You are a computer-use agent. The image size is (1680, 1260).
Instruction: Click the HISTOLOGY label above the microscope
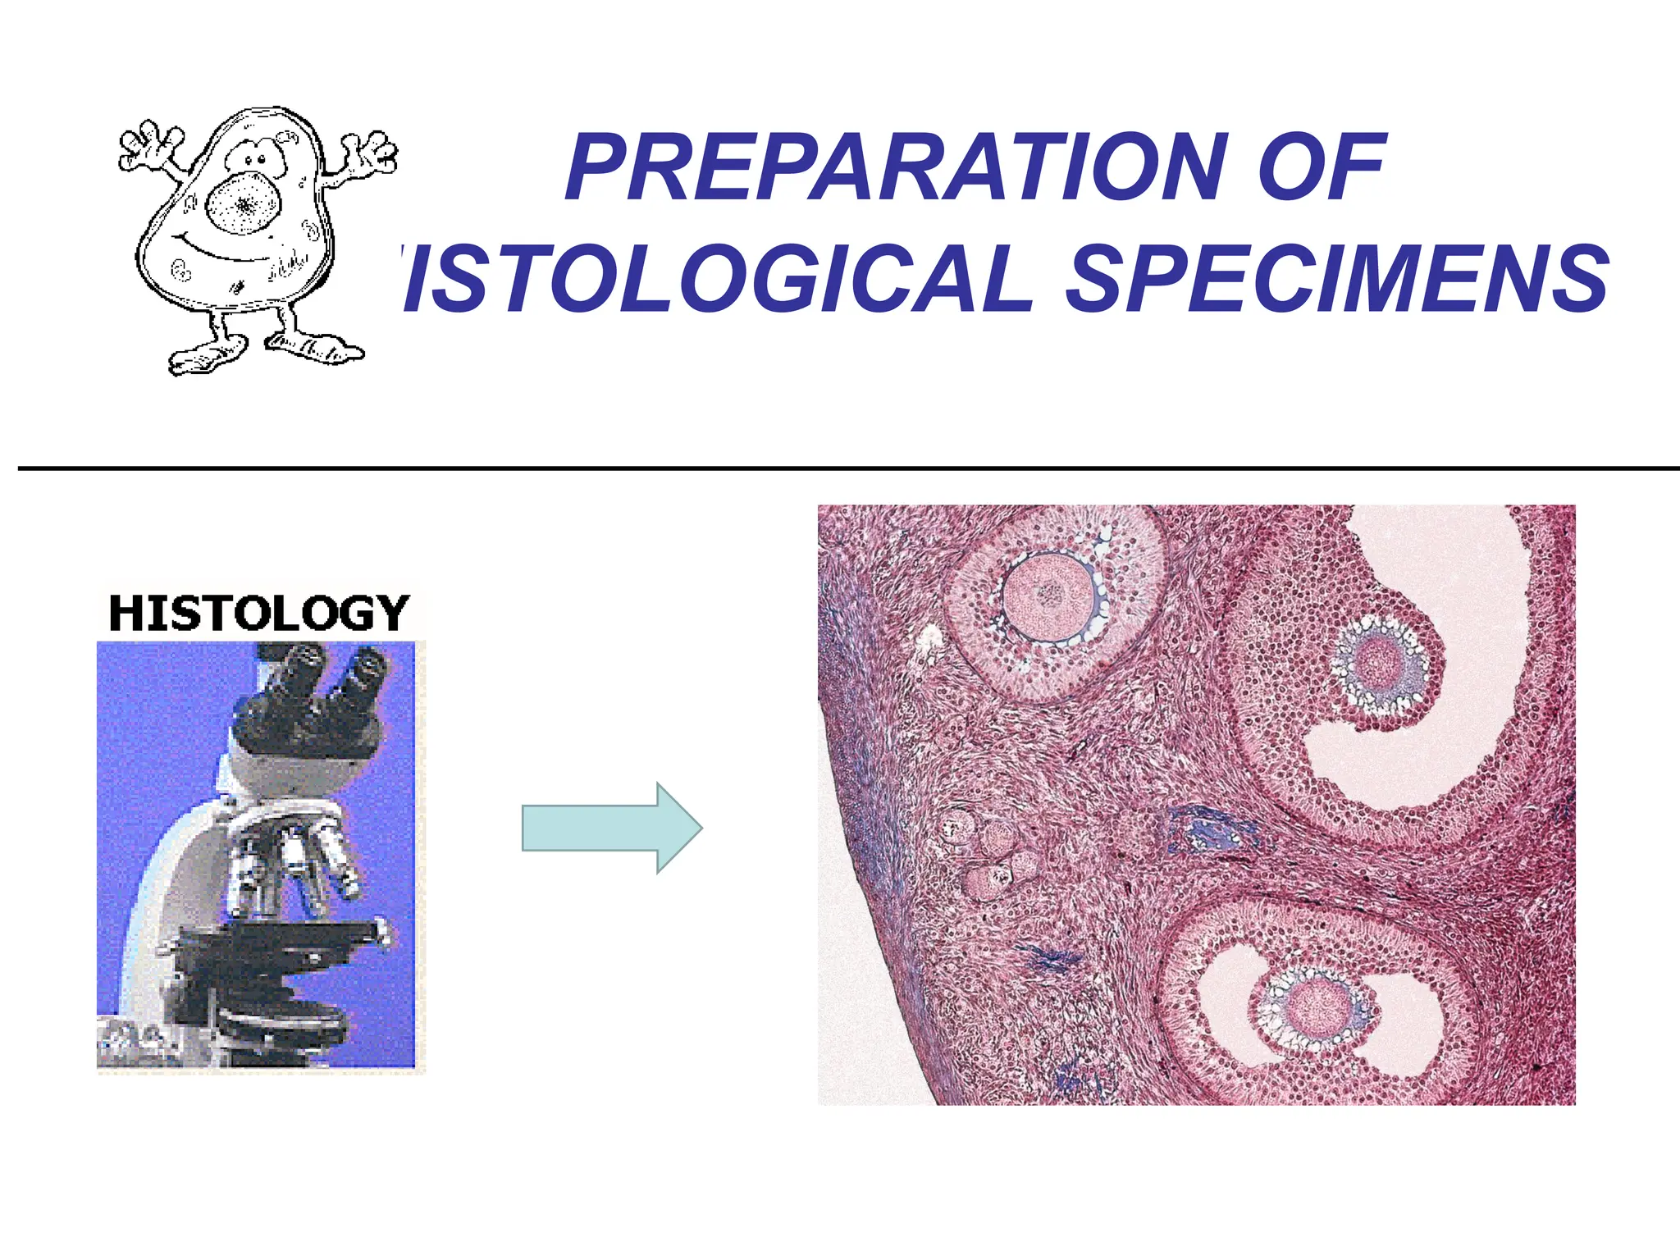[259, 614]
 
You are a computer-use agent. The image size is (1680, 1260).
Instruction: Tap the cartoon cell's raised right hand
[369, 153]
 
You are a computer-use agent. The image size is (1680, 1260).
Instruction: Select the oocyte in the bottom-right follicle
[1319, 1007]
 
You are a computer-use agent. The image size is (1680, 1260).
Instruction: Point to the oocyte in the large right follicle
[1380, 661]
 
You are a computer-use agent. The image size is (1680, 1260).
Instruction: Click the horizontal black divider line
[845, 468]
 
